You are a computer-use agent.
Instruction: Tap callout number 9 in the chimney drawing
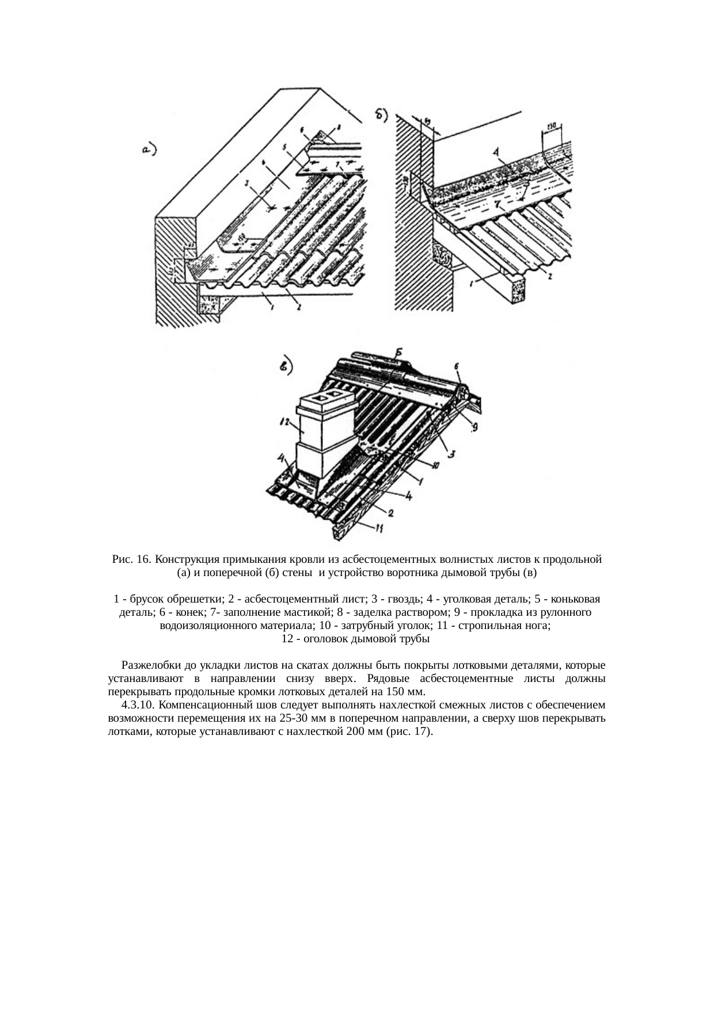coord(474,426)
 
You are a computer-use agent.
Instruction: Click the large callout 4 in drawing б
coord(496,153)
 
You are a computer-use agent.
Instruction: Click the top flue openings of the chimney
coord(326,397)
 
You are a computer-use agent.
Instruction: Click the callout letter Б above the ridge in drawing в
coord(399,352)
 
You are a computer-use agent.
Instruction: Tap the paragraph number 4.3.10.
coord(138,705)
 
